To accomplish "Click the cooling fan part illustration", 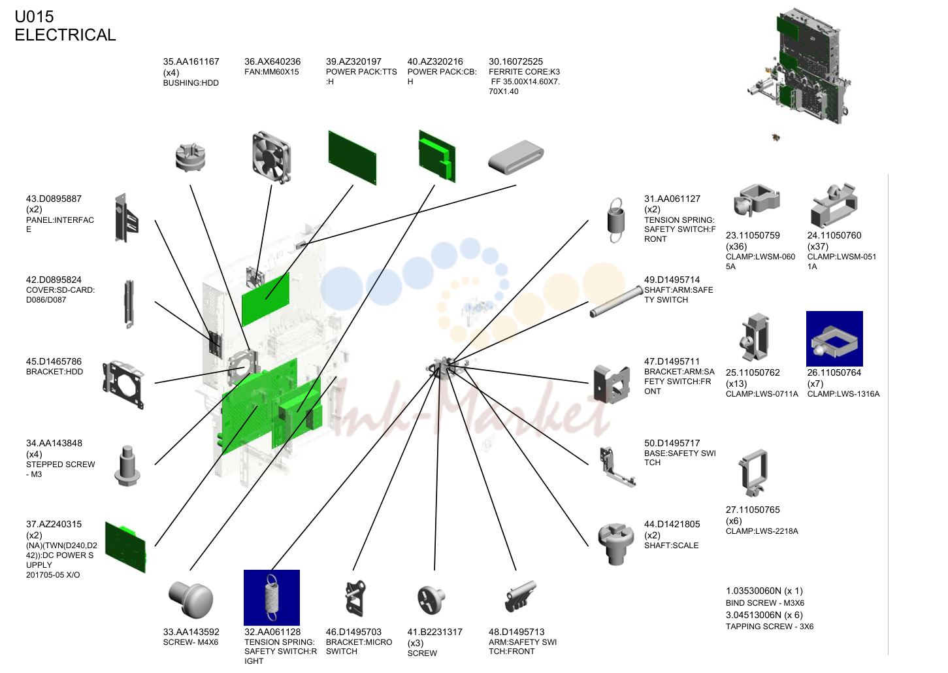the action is (x=271, y=157).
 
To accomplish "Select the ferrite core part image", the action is (x=516, y=157).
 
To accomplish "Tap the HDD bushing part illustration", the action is (x=190, y=157).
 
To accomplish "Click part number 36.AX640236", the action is (x=272, y=62).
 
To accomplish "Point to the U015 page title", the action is (x=34, y=17).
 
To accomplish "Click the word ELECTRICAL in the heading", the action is (x=65, y=35).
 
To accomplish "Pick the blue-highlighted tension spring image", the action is (x=272, y=598).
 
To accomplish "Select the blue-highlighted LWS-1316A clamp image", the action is (x=834, y=338).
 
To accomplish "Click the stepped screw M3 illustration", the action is (x=127, y=466).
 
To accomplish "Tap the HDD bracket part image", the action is (x=123, y=384).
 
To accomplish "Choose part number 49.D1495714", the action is (x=672, y=280).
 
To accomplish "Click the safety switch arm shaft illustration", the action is (x=617, y=302).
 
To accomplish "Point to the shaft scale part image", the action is (x=616, y=544).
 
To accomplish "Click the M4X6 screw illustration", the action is (x=191, y=599).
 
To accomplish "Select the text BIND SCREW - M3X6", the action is (x=765, y=603).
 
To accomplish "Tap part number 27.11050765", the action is (x=753, y=510).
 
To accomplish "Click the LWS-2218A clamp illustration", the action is (x=753, y=473).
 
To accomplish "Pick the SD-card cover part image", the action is (x=129, y=304).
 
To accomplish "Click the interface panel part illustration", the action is (x=127, y=218).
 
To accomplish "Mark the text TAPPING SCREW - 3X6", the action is (x=770, y=627).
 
